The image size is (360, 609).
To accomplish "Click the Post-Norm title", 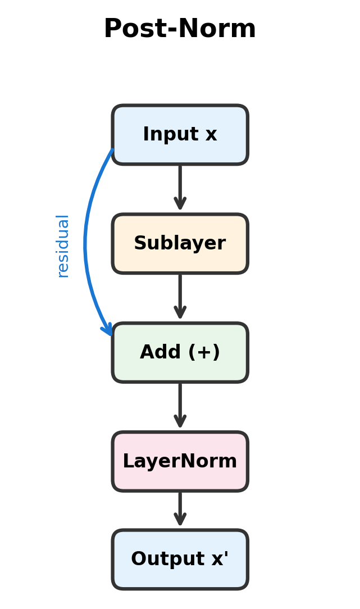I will tap(180, 29).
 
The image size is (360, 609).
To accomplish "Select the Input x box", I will tap(180, 135).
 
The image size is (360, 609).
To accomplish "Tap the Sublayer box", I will tap(180, 244).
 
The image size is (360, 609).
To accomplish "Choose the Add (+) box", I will tap(180, 353).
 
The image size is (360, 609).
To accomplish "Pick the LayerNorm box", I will tap(180, 462).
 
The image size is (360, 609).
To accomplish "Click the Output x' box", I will tap(180, 560).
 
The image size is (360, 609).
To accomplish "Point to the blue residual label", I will tap(63, 246).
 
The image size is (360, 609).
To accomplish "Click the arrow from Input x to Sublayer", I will tap(180, 185).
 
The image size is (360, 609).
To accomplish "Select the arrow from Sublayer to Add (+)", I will tap(180, 294).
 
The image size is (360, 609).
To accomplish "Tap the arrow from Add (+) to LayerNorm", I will tap(180, 403).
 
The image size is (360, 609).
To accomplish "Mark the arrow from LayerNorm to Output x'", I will tap(180, 508).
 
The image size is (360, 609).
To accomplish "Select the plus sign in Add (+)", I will tap(203, 353).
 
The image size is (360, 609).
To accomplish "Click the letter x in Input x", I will tap(211, 135).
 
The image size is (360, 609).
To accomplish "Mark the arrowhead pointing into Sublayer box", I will tap(180, 204).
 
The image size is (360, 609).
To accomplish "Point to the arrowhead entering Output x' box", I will tap(180, 520).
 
